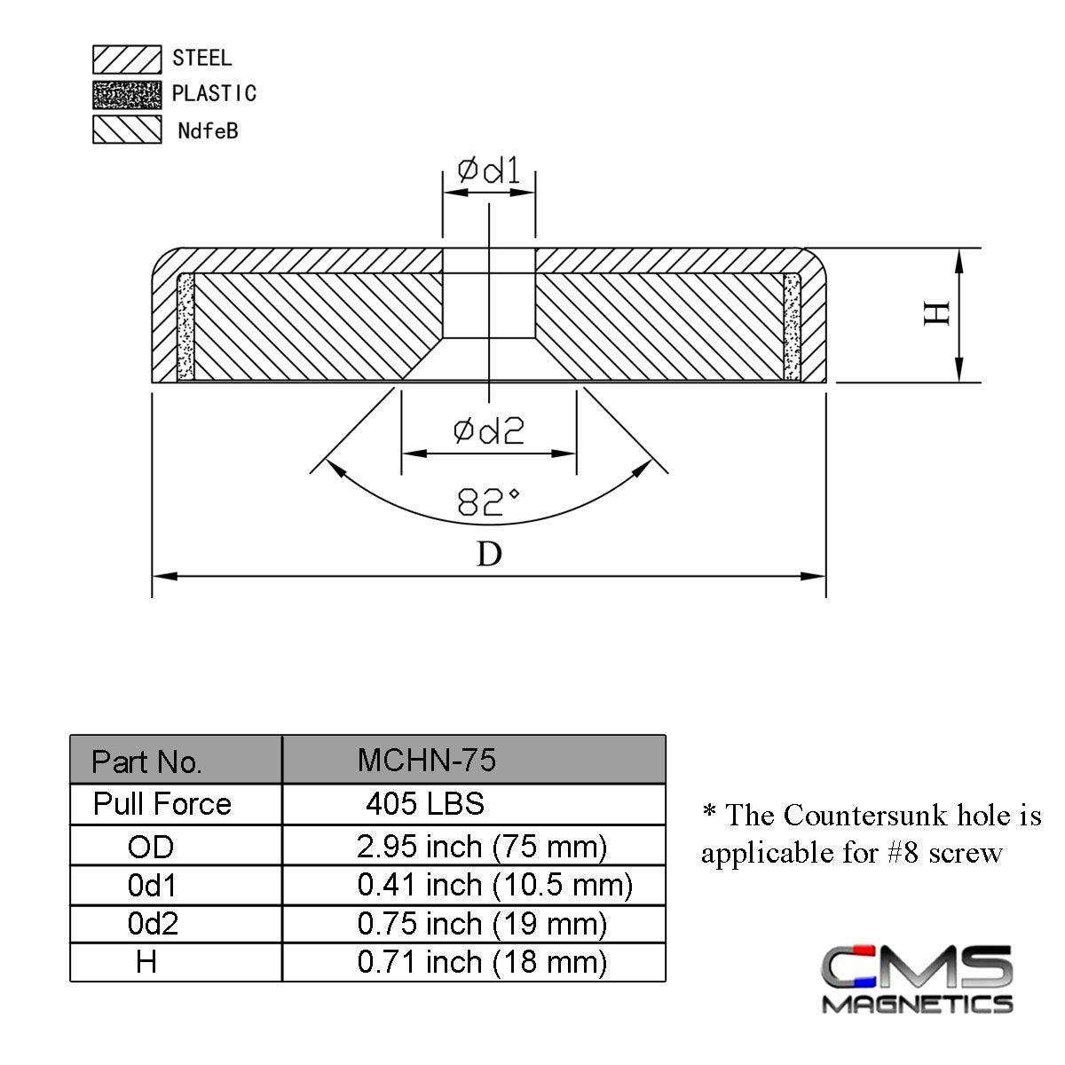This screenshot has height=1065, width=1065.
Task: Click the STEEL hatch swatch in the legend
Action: tap(127, 59)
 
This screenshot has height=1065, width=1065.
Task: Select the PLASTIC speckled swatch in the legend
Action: tap(127, 94)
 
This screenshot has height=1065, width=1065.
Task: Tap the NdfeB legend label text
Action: tap(208, 131)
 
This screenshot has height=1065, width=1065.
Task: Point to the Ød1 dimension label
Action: tap(488, 170)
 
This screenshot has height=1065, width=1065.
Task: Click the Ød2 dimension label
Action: tap(488, 430)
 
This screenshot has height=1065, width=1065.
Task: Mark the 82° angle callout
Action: tap(488, 501)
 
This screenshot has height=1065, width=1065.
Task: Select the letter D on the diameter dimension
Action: tap(489, 554)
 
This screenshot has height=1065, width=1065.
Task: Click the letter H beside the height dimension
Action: tap(937, 314)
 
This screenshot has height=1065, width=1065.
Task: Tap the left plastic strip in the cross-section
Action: tap(185, 327)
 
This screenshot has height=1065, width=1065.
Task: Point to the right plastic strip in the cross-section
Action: tap(792, 327)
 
